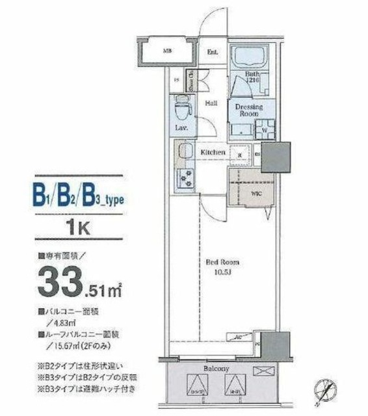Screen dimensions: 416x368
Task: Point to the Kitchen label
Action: click(213, 152)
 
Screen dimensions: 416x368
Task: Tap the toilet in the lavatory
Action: click(183, 106)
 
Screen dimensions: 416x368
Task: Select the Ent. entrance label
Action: click(212, 52)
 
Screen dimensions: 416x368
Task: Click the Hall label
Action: click(212, 103)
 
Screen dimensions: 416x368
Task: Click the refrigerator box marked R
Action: click(240, 155)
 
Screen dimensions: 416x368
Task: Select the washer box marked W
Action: click(266, 127)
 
